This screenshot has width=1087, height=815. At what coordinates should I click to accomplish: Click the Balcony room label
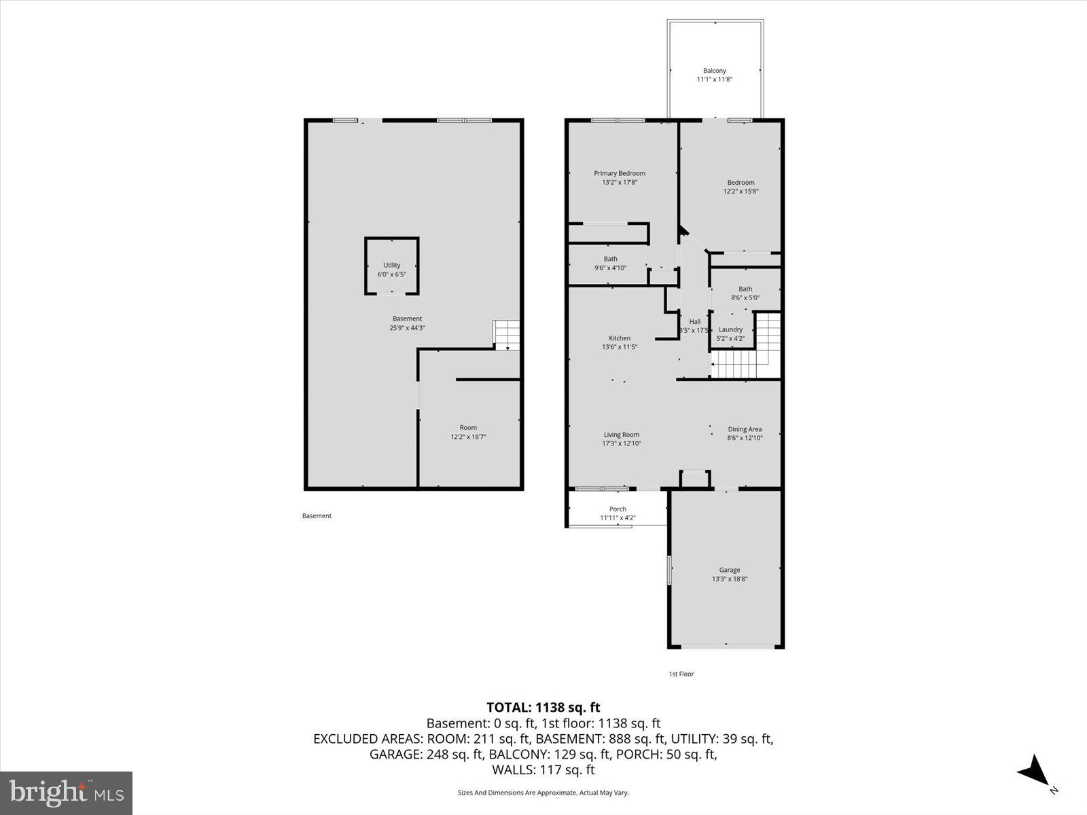714,71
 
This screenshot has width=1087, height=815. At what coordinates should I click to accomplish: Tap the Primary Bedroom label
619,173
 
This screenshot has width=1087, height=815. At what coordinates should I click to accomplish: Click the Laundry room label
730,329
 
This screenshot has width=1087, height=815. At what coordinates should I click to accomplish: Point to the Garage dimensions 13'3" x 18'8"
730,579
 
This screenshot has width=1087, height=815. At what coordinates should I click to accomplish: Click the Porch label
618,509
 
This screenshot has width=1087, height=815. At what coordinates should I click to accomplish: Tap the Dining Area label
745,429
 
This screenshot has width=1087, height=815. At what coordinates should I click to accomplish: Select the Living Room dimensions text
621,443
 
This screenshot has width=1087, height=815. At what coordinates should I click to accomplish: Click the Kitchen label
619,338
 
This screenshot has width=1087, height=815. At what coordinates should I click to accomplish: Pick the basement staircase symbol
506,335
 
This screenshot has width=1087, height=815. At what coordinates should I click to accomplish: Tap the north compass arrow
1035,772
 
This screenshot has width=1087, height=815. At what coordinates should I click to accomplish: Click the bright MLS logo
67,793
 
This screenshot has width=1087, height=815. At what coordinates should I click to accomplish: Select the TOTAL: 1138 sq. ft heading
543,708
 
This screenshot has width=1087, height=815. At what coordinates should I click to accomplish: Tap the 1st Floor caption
681,674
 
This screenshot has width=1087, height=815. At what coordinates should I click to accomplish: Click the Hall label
694,322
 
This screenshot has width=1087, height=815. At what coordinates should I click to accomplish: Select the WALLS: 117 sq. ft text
543,769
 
